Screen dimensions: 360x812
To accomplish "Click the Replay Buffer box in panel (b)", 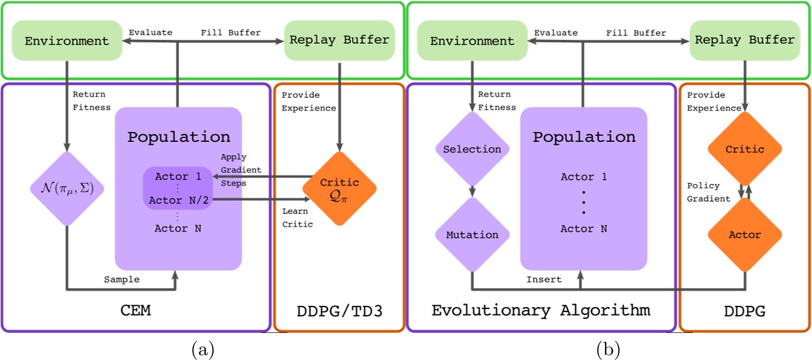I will coord(744,41).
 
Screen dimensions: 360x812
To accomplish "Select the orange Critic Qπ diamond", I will coord(339,189).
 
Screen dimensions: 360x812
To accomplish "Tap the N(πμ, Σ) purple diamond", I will coord(66,188).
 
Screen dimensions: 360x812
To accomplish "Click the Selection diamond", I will coord(472,149).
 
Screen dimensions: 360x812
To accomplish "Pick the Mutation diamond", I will coord(472,235).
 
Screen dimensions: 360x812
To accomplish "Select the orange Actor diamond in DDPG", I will coord(745,235).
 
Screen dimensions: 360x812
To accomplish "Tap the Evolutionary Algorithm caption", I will coord(541,310).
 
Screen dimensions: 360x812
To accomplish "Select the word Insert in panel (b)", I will coord(544,280).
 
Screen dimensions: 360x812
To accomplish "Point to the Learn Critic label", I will coord(298,217).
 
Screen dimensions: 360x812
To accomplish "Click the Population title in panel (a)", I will coord(178,137).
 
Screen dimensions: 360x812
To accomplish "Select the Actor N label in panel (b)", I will coord(584,229).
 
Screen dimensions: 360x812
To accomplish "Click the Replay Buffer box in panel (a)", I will coord(338,41).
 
